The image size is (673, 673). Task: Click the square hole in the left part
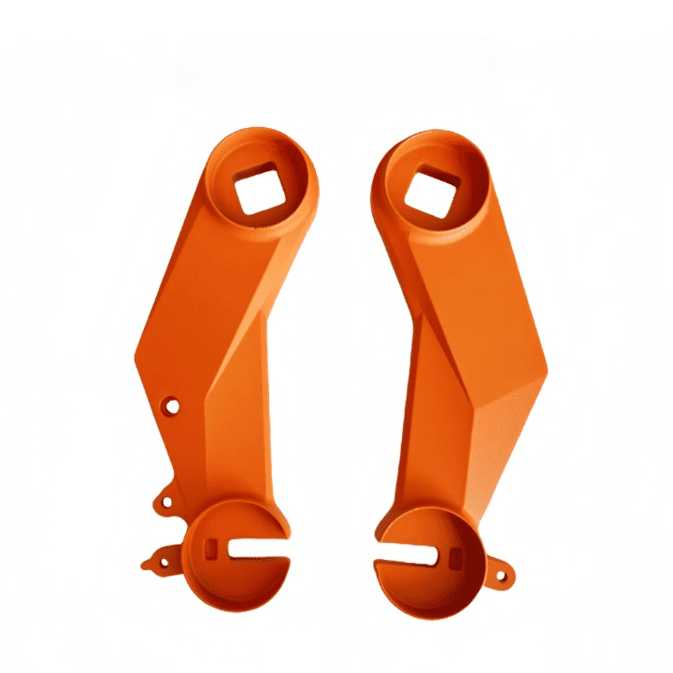point(257,193)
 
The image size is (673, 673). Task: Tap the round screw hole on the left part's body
point(171,407)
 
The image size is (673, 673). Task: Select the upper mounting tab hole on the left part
point(166,502)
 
